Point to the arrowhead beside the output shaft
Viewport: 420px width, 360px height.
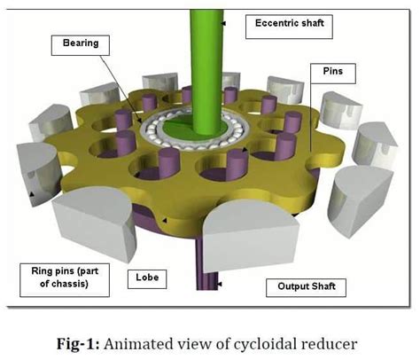pos(219,283)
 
